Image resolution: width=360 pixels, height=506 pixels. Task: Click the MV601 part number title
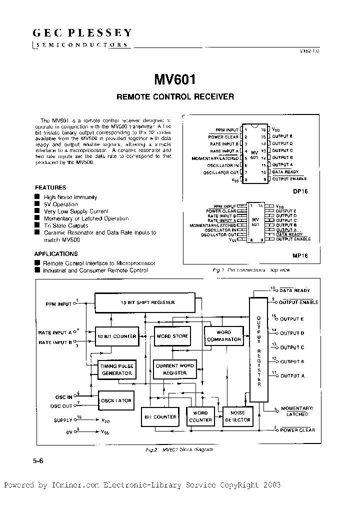tap(175, 80)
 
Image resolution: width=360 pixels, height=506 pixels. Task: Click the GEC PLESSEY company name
tap(82, 33)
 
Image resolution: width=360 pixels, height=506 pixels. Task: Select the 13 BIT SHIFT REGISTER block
tap(147, 302)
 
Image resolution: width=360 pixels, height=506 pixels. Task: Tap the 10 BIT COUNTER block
tap(117, 336)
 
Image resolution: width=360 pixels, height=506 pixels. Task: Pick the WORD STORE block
tap(172, 336)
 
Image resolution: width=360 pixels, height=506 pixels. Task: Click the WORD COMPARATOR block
tap(223, 335)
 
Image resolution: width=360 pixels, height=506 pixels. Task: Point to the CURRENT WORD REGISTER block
tap(174, 369)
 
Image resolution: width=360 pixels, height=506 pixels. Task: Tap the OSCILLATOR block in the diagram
tap(116, 400)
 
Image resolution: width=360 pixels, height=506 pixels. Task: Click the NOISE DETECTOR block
tap(237, 416)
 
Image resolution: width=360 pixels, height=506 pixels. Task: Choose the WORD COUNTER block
tap(200, 416)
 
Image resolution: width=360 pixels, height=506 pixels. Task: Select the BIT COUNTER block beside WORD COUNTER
tap(160, 417)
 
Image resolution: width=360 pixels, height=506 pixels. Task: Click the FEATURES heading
tap(50, 187)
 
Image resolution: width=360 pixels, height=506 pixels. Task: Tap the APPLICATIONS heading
tap(56, 254)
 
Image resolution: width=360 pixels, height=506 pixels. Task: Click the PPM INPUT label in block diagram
tap(58, 304)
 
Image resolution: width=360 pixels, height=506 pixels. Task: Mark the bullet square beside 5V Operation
tap(37, 204)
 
